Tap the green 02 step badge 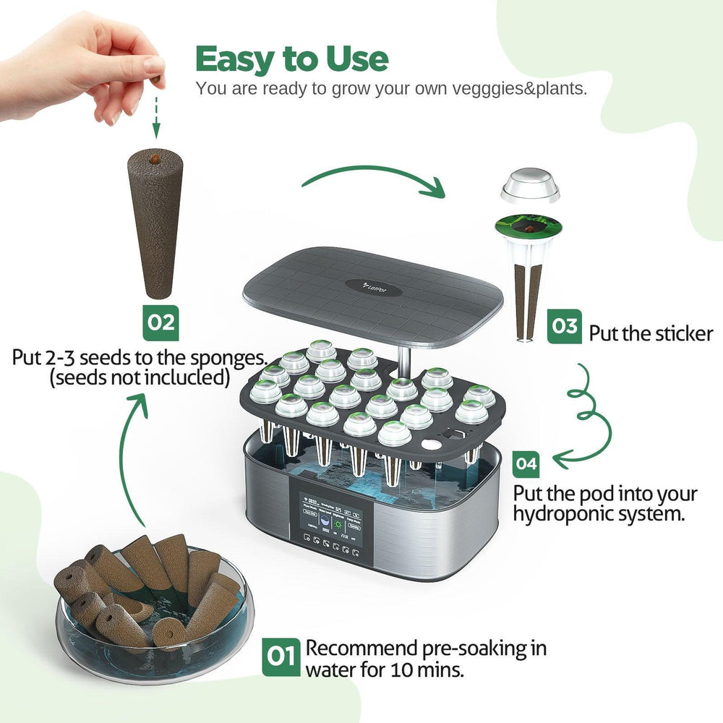160,322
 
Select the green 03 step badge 565,328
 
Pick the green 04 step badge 526,463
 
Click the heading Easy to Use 291,59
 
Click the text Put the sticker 651,334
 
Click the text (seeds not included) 140,377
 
